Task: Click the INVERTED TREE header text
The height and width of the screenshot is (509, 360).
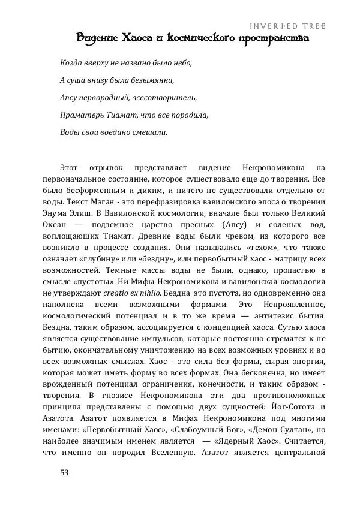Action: pos(287,26)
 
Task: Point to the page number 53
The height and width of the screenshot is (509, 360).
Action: pos(65,472)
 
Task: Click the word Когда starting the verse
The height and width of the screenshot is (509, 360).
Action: pos(71,62)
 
